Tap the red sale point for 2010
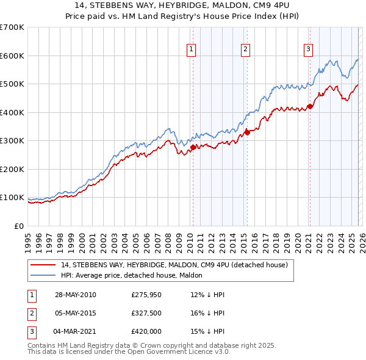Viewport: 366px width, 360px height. (x=193, y=147)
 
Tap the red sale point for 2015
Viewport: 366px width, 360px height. (x=247, y=132)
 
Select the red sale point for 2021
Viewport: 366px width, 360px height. (x=310, y=106)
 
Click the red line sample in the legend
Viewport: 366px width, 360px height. (x=43, y=265)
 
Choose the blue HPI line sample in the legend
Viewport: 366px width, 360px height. (x=43, y=275)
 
